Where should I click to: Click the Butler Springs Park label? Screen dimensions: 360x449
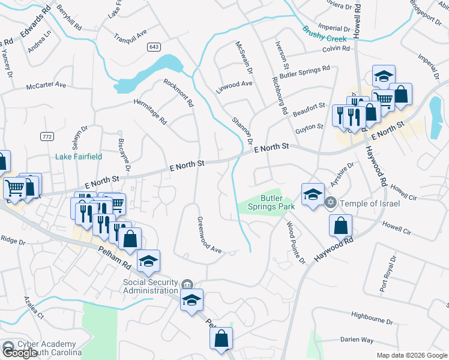[x=277, y=202]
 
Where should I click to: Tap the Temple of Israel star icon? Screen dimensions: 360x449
[x=330, y=203]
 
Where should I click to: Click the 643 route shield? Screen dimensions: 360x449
[x=154, y=46]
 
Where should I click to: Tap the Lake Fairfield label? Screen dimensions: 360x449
[x=79, y=157]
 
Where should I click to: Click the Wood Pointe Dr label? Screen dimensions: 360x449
[x=295, y=242]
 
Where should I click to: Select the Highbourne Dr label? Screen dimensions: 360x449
[x=372, y=314]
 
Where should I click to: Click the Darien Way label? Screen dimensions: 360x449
[x=357, y=339]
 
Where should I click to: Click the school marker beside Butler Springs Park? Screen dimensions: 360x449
[x=313, y=194]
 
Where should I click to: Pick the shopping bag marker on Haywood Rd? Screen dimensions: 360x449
[x=340, y=226]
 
